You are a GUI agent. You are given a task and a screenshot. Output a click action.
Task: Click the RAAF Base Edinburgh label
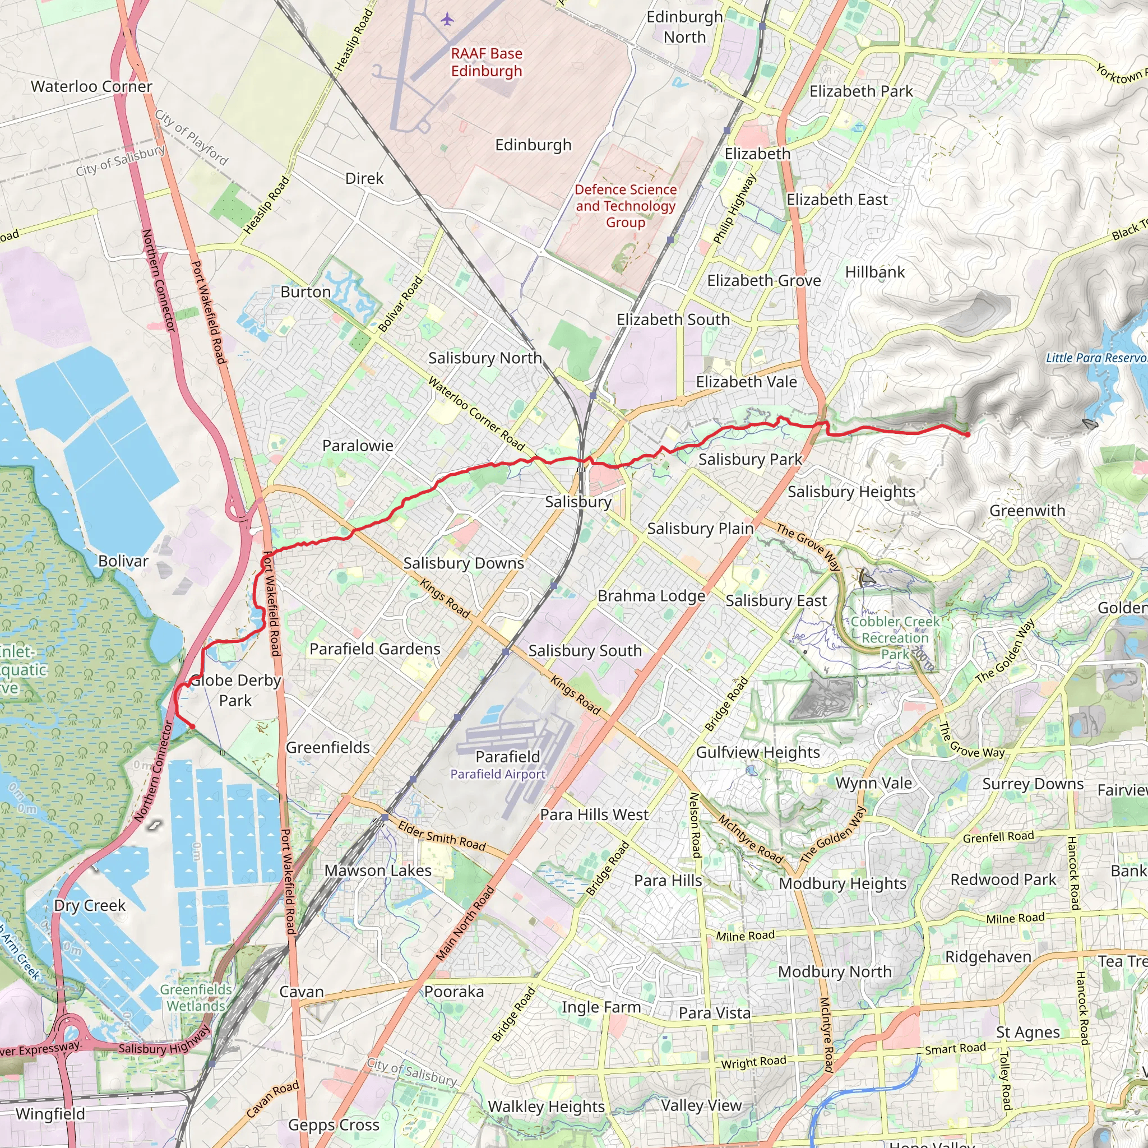coord(486,62)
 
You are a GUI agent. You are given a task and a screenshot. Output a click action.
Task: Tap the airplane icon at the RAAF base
coord(447,20)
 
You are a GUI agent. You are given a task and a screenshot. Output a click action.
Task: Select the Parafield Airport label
coord(497,774)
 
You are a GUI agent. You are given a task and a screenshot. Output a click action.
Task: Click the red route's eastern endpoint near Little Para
coord(968,434)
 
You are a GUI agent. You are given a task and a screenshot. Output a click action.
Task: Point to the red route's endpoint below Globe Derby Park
coord(192,726)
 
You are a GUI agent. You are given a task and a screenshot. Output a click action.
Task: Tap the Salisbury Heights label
coord(851,492)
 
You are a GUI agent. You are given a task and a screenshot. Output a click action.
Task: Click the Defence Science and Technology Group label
coord(625,206)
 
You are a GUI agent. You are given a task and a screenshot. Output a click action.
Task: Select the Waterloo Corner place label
coord(91,86)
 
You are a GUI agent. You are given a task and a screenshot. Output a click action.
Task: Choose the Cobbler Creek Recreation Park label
coord(895,637)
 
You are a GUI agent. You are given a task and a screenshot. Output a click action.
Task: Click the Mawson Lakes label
coord(378,870)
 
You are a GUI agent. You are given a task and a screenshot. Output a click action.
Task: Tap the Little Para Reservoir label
coord(1096,358)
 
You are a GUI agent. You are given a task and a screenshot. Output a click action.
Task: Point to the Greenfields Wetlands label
coord(196,997)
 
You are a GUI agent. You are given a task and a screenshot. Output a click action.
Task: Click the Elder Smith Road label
coord(442,835)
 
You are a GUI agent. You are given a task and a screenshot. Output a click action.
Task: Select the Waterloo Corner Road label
coord(476,414)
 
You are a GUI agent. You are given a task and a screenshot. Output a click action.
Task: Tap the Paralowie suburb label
coord(358,446)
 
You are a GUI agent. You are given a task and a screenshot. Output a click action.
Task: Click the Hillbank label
coord(874,271)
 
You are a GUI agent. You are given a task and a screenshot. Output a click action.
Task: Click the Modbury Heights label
coord(843,883)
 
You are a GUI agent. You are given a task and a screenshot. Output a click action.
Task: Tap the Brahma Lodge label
coord(651,595)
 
